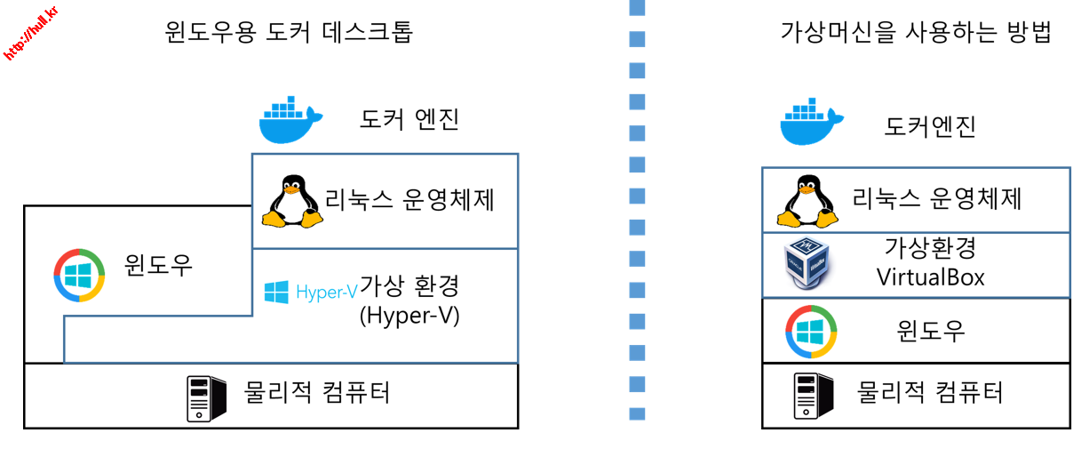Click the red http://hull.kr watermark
point(30,33)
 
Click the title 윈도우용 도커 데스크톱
point(289,32)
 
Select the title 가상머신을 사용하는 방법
point(916,32)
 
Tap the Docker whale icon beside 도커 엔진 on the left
point(290,120)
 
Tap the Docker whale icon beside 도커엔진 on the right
point(811,122)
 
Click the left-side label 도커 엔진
point(409,119)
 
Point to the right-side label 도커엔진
point(929,126)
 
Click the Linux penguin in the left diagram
point(292,202)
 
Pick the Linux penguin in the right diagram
point(807,202)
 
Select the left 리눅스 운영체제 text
point(409,200)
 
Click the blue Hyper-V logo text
point(327,293)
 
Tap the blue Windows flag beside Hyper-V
point(276,292)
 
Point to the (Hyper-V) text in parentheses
point(409,316)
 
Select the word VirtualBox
point(930,277)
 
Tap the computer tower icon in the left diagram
point(207,398)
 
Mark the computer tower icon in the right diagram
point(814,396)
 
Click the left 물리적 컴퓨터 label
point(317,392)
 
